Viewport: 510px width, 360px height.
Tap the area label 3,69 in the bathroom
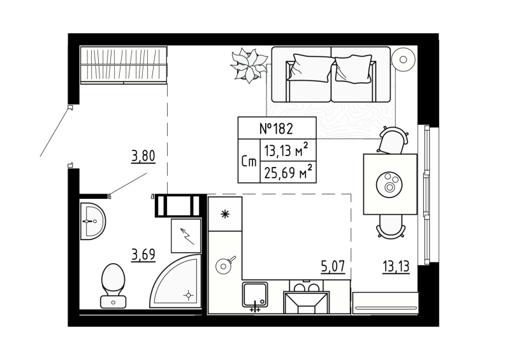click(x=143, y=255)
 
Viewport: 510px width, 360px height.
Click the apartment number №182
click(x=276, y=128)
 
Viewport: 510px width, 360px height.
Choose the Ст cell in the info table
click(x=249, y=161)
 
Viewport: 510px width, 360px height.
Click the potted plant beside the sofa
click(x=249, y=65)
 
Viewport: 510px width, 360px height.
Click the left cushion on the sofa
click(x=311, y=68)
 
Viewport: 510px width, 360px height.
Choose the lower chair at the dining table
click(x=390, y=226)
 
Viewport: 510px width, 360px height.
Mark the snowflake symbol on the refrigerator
click(x=224, y=214)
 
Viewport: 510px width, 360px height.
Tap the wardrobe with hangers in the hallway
click(x=123, y=64)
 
